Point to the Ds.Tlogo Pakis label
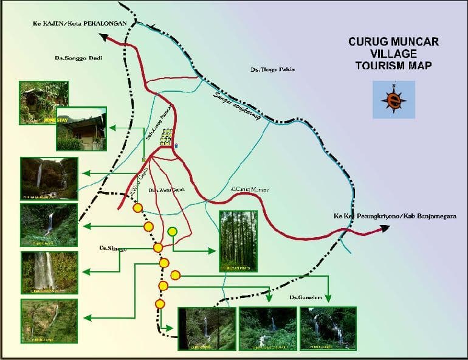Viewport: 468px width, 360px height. tap(272, 70)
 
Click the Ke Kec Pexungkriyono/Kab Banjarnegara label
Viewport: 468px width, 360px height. tap(394, 216)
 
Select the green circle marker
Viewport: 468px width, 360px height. tap(173, 231)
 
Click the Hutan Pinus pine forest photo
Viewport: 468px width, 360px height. tap(238, 241)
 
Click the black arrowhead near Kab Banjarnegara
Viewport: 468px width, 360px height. tap(384, 229)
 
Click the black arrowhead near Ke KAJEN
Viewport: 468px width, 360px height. tap(104, 37)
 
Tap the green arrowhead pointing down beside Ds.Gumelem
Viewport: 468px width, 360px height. tap(328, 298)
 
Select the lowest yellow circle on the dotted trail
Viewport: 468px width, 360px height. tap(160, 303)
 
